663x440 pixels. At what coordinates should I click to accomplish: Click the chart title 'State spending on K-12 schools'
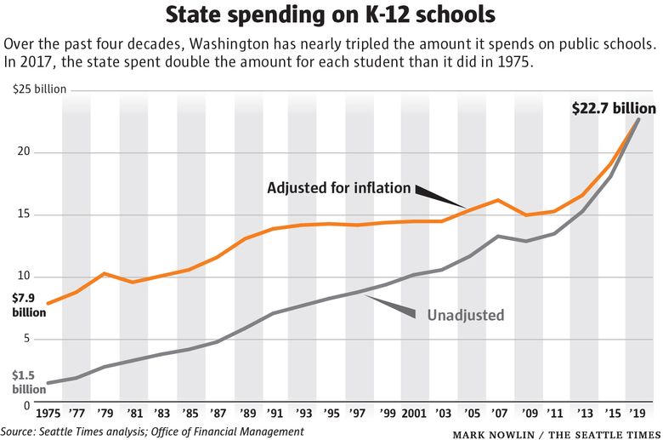(x=331, y=15)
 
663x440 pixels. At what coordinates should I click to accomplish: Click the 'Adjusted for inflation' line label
(x=338, y=187)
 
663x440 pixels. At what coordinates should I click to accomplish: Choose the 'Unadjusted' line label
(x=466, y=315)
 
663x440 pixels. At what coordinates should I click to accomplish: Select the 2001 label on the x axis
(x=414, y=414)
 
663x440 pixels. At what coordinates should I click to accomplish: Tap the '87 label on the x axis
(x=218, y=414)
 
